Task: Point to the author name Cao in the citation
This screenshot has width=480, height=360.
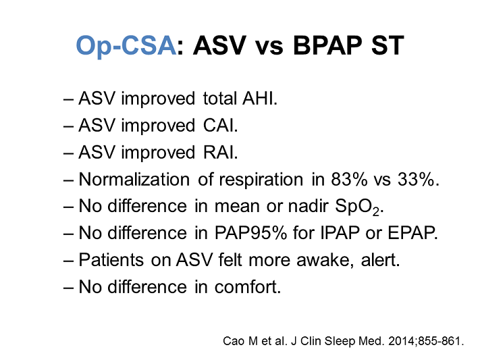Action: (233, 340)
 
